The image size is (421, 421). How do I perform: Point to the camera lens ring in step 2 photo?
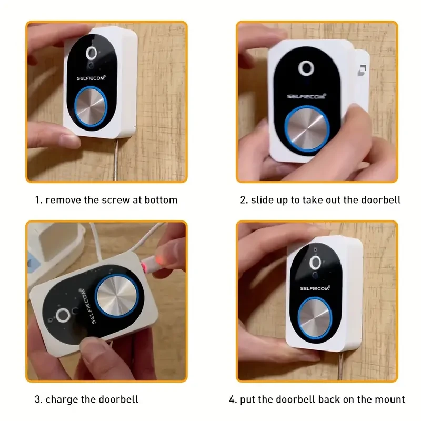click(305, 69)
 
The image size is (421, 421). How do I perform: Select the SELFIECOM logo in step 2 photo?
click(306, 96)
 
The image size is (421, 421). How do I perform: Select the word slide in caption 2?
click(263, 200)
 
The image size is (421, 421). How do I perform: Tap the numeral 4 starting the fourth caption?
click(232, 399)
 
